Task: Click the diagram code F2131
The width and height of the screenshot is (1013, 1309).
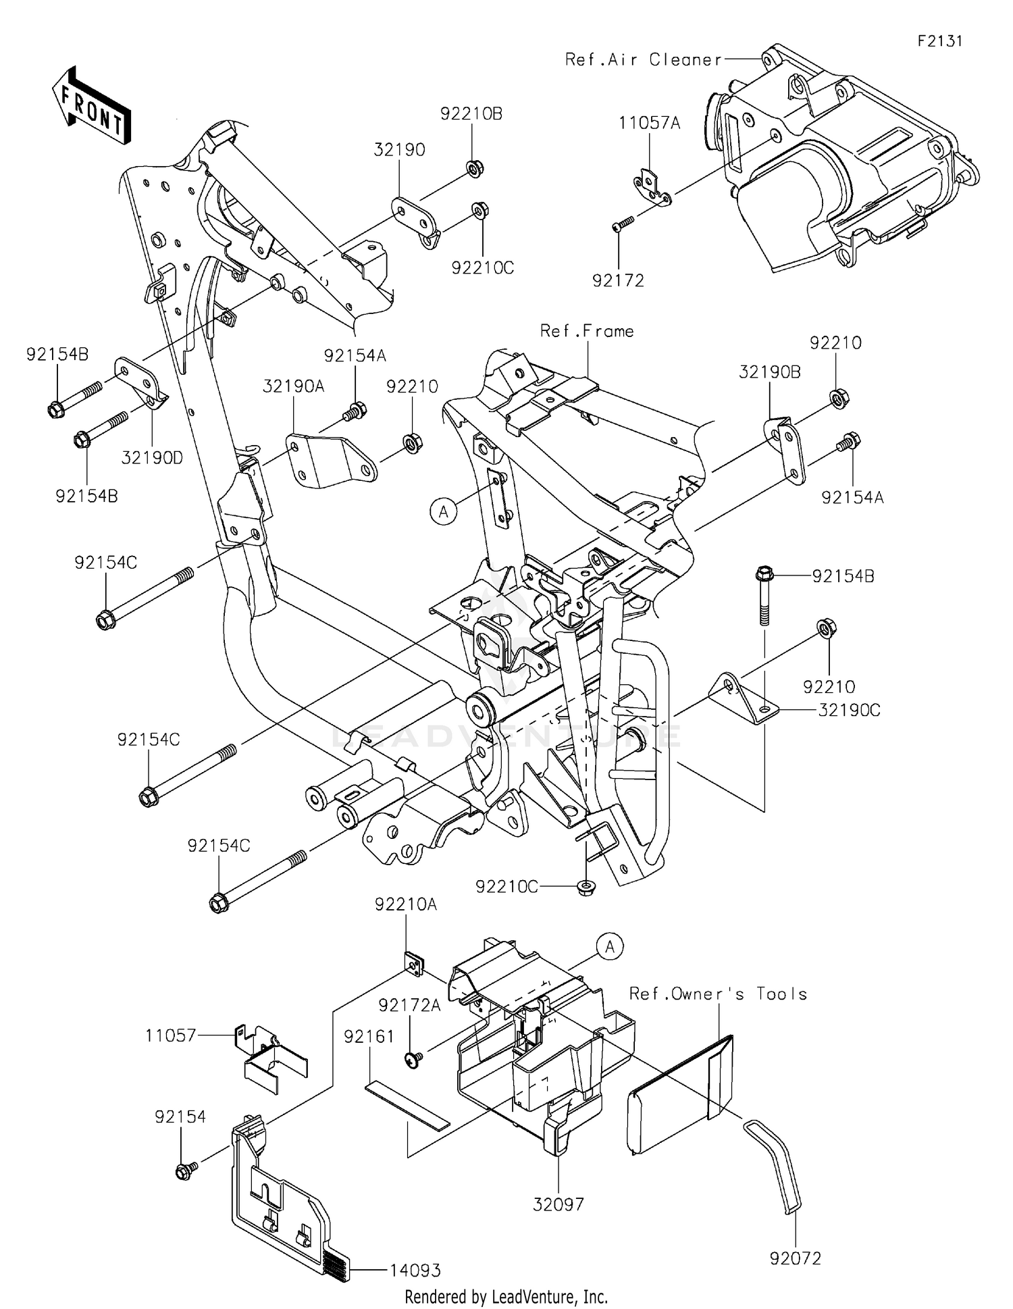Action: click(939, 41)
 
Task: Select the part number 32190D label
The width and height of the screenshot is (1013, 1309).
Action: click(152, 457)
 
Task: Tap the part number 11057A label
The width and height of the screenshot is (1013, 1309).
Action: click(650, 122)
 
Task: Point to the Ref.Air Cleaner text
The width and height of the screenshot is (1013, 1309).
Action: click(643, 59)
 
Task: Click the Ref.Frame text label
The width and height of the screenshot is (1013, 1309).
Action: click(587, 331)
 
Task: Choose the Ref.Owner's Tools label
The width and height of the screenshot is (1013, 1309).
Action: click(718, 994)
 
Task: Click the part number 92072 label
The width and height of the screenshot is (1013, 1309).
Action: click(795, 1258)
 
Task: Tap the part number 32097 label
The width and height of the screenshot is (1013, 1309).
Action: click(558, 1204)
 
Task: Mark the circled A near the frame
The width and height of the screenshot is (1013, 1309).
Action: click(443, 511)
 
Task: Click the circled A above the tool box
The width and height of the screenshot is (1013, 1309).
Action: click(610, 947)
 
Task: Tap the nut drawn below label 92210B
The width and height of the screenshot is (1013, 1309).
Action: click(475, 167)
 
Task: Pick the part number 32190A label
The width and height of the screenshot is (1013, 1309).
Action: click(294, 386)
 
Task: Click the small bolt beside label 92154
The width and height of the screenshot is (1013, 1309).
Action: click(185, 1170)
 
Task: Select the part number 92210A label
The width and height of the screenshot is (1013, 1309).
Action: click(406, 904)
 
